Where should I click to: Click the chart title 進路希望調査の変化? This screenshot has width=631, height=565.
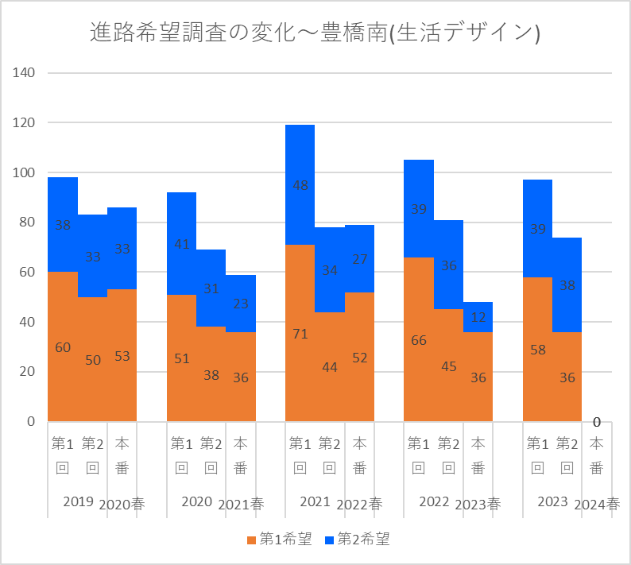(x=315, y=33)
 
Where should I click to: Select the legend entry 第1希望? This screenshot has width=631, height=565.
(x=279, y=540)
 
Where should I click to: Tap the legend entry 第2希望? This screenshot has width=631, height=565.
(x=357, y=540)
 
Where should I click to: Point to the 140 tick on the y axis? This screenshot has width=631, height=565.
(x=25, y=73)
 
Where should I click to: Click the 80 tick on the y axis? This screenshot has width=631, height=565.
(x=27, y=223)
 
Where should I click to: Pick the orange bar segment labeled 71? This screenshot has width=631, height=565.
(x=300, y=334)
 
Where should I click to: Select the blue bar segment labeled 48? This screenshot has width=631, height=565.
(x=300, y=185)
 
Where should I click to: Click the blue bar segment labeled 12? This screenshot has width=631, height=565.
(x=478, y=317)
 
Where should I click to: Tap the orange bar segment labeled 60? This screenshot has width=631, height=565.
(x=63, y=347)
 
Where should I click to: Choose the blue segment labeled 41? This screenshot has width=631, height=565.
(x=181, y=244)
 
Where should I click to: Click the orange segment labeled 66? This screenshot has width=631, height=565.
(x=419, y=340)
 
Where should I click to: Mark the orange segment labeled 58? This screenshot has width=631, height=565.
(x=537, y=350)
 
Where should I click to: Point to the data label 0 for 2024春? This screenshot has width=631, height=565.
(x=596, y=421)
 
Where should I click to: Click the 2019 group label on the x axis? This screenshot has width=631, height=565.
(x=78, y=501)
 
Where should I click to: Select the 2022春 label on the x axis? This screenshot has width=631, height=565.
(x=359, y=504)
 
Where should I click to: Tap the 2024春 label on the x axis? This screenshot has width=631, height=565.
(x=596, y=504)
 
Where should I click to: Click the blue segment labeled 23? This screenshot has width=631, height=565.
(x=241, y=303)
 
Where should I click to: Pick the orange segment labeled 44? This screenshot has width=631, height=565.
(x=330, y=367)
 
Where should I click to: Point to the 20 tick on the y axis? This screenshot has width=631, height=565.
(x=27, y=372)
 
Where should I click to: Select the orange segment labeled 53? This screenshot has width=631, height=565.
(x=122, y=356)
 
